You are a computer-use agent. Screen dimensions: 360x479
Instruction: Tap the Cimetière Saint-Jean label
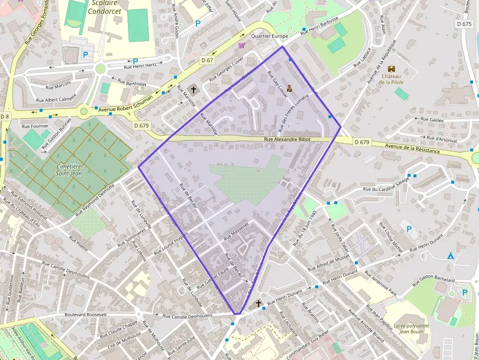tap(68, 170)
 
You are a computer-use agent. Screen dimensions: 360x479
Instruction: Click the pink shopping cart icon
tap(241, 45)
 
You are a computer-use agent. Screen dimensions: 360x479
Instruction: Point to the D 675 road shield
tap(464, 23)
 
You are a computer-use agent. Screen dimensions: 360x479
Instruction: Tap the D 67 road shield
tap(207, 60)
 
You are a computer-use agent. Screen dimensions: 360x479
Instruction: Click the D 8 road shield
tap(5, 116)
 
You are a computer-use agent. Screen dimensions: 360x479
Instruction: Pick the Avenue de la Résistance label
tap(412, 148)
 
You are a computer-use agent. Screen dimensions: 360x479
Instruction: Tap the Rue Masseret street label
tap(236, 231)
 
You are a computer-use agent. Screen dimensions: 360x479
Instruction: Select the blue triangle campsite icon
tap(451, 255)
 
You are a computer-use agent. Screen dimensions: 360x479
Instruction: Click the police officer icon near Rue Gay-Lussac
tap(289, 88)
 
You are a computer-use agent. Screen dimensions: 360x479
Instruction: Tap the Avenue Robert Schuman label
tap(126, 103)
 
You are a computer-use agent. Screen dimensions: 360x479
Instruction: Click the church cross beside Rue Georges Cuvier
tap(194, 89)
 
